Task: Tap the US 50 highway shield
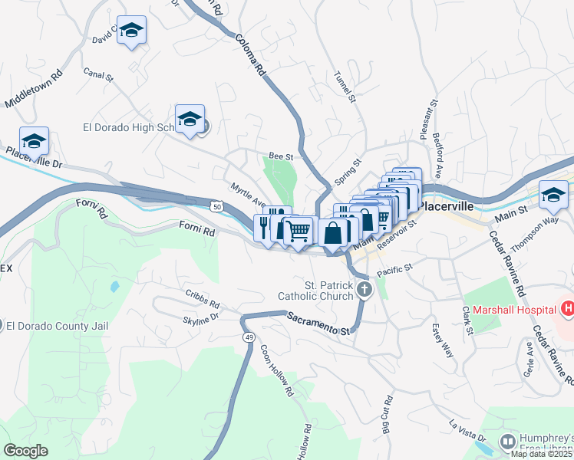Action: (x=218, y=206)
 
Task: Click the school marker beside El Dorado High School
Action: (x=190, y=119)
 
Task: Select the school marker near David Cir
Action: (x=131, y=30)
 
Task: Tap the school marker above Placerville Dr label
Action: (x=34, y=141)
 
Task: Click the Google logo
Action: (x=25, y=451)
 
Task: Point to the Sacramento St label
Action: (x=318, y=323)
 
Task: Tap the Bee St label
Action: (x=281, y=156)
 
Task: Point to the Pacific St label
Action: (x=394, y=270)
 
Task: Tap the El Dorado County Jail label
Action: (x=58, y=325)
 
